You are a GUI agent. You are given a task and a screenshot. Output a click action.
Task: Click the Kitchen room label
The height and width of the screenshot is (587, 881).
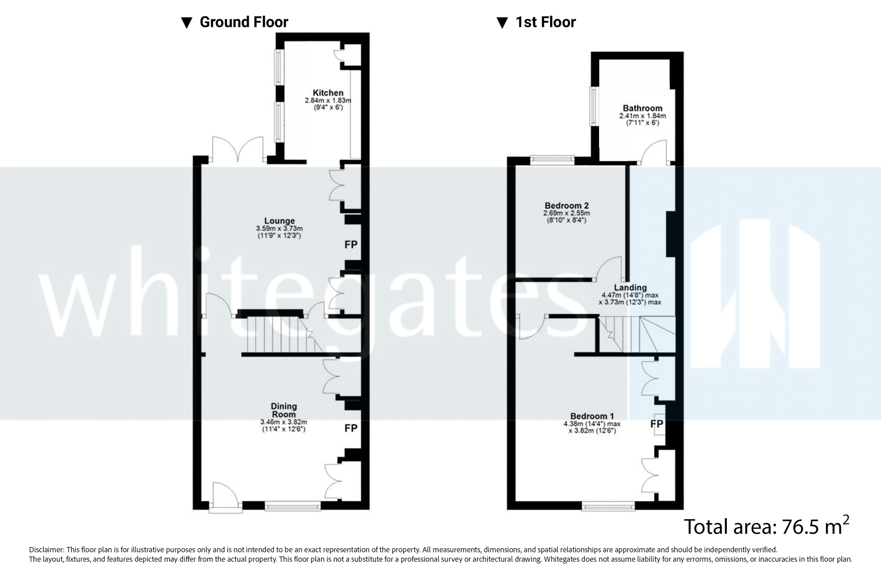(x=328, y=93)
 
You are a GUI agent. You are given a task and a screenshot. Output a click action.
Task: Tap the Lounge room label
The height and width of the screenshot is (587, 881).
(x=279, y=221)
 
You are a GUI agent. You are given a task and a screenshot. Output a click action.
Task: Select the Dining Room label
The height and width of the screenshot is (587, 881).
(x=284, y=410)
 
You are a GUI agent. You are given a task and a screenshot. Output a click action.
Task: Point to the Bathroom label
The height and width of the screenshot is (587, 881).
(x=642, y=108)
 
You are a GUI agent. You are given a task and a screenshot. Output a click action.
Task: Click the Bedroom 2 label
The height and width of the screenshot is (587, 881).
(x=566, y=205)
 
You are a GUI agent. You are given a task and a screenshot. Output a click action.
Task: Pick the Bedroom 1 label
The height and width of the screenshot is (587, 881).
(x=592, y=416)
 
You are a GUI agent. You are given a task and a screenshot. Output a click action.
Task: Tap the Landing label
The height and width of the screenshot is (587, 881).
(x=630, y=287)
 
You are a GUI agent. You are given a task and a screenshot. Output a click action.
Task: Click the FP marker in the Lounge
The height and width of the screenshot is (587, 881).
(x=351, y=244)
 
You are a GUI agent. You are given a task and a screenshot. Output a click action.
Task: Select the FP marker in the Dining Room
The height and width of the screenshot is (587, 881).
(x=351, y=428)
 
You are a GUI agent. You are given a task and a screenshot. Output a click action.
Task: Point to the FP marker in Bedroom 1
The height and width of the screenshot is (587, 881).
(x=657, y=424)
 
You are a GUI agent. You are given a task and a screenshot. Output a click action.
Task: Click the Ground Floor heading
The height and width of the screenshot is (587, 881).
(x=244, y=22)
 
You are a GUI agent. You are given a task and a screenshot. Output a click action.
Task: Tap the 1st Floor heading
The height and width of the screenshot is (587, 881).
(x=545, y=22)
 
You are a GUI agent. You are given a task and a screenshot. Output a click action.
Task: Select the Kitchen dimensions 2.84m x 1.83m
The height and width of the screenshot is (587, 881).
(x=328, y=101)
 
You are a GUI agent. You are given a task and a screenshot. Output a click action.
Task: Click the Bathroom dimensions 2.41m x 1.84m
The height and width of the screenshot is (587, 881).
(x=642, y=116)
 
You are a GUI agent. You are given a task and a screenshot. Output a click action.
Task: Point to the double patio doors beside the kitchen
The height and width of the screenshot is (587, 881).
(x=237, y=150)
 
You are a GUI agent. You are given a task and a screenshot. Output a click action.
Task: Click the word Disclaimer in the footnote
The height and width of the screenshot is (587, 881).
(x=46, y=550)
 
